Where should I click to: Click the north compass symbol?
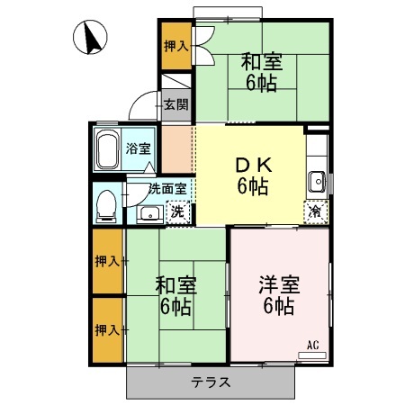91,38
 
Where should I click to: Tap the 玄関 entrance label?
176,103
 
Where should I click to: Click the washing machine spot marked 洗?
177,212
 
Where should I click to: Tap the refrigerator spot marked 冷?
315,211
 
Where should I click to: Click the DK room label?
253,176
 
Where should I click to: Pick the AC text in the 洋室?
313,344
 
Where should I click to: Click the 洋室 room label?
278,295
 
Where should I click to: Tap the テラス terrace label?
211,382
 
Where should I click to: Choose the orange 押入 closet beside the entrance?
175,45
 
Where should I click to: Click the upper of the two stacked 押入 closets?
108,261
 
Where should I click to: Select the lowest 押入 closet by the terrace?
108,330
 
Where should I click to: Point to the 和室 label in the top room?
262,72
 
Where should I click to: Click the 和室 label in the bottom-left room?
175,296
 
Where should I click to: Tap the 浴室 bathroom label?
138,148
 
